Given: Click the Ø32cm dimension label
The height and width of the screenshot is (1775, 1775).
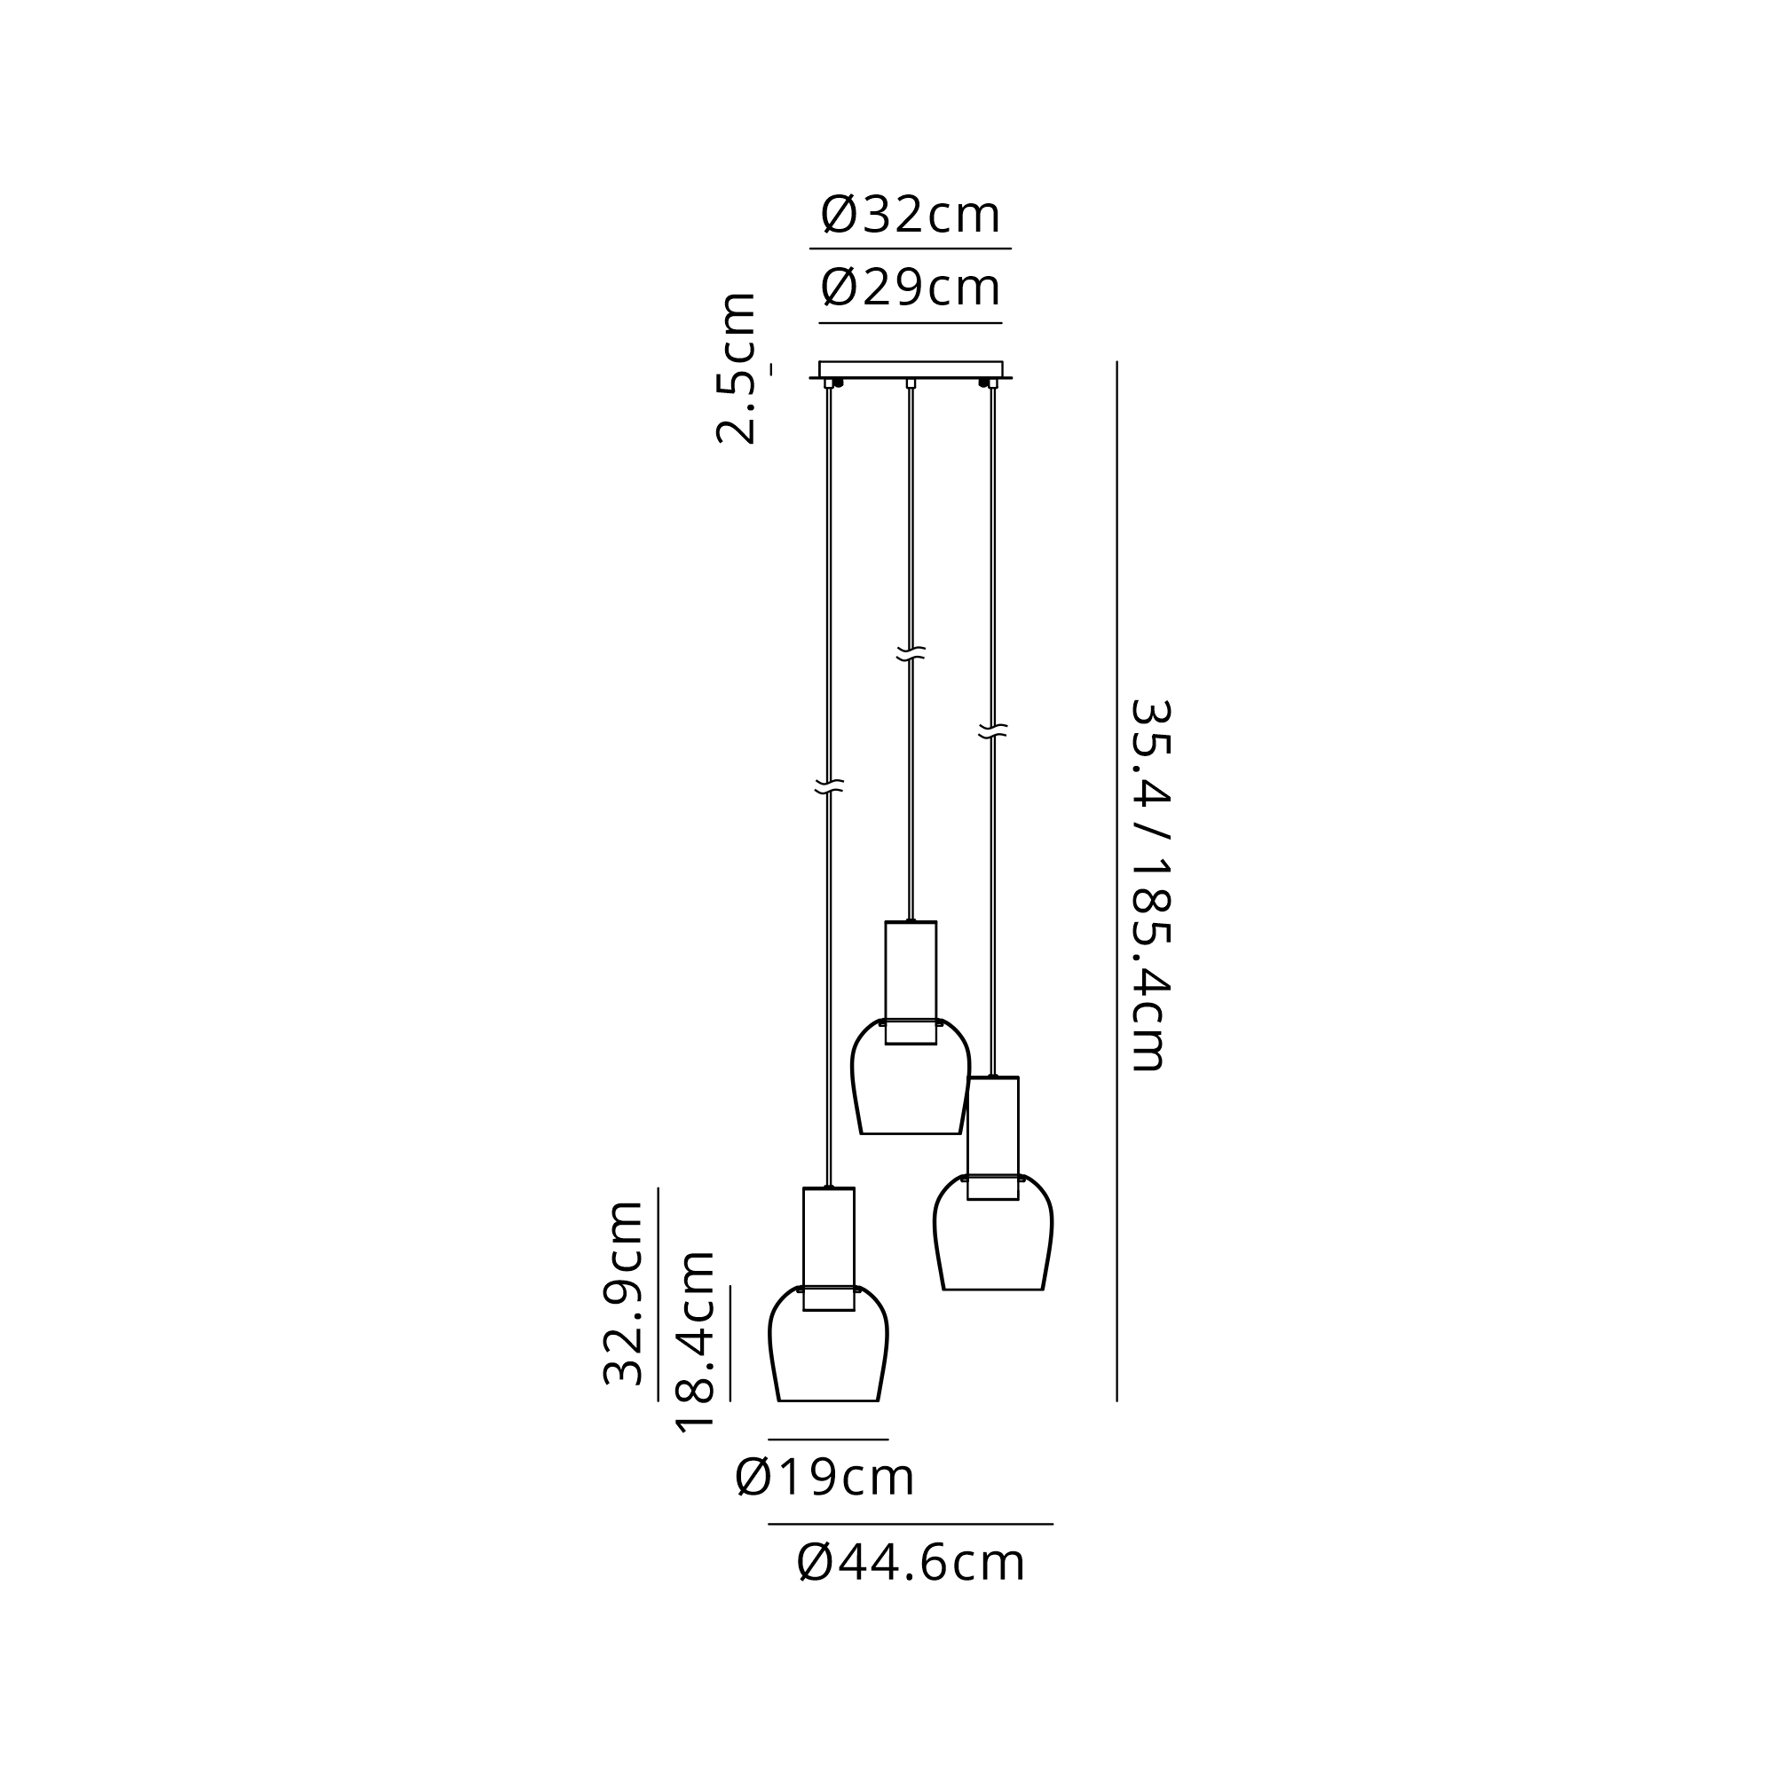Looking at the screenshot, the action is [x=910, y=214].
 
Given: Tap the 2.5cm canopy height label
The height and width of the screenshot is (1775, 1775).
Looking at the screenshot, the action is [x=736, y=368].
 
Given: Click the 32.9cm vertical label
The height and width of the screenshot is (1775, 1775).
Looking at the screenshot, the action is [x=623, y=1293].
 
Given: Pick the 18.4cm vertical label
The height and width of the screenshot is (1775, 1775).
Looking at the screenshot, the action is [x=695, y=1342].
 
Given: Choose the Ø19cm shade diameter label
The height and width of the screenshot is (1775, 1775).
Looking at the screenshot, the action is [x=825, y=1478].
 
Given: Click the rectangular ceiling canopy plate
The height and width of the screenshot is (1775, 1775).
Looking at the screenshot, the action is [x=911, y=369].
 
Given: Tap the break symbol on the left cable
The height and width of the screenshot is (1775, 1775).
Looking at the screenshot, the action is [x=829, y=785].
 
